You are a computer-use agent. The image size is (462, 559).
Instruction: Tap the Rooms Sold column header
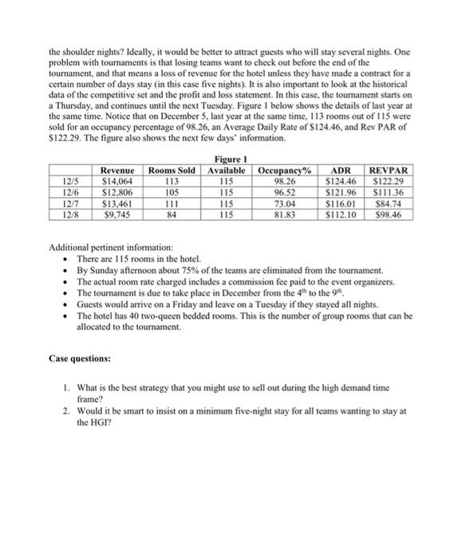click(x=172, y=170)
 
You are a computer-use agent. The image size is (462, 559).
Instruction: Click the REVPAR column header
click(x=389, y=170)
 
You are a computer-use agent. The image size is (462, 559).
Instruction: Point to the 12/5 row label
click(x=69, y=181)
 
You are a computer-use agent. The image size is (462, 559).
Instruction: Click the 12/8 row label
click(x=69, y=214)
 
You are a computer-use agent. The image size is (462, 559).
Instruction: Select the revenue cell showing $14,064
click(x=117, y=181)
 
